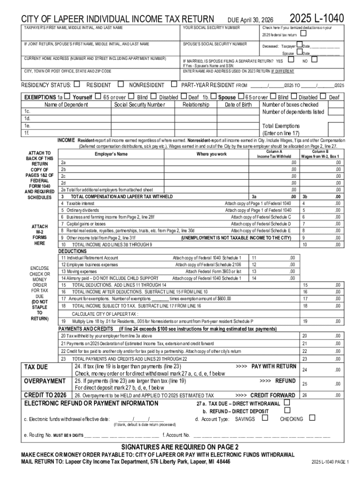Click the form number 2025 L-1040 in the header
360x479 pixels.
[x=317, y=18]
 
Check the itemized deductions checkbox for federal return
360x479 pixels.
[x=303, y=34]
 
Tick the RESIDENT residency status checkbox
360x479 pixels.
[x=77, y=85]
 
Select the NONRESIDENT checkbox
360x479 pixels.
[x=121, y=85]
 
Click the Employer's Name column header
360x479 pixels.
[x=111, y=154]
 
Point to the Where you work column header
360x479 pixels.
[x=212, y=154]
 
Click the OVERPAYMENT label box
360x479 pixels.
[x=45, y=381]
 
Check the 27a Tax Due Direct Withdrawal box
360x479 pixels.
[x=287, y=403]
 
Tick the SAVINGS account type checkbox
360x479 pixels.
[x=265, y=418]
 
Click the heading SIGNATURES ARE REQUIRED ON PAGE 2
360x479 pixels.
[x=180, y=446]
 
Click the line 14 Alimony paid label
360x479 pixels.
[x=109, y=278]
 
